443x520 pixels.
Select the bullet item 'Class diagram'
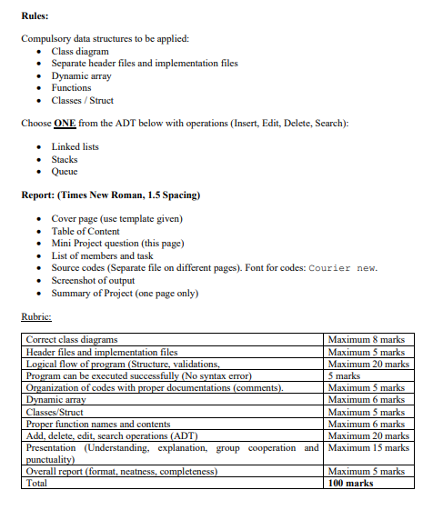tap(79, 51)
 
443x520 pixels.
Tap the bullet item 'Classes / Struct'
tap(82, 100)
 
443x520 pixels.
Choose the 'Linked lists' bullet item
tap(75, 146)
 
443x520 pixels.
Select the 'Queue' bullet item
tap(65, 171)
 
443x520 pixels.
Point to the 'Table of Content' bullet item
tap(87, 231)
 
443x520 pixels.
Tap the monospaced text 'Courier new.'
tap(343, 267)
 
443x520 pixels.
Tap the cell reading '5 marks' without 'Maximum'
tap(345, 375)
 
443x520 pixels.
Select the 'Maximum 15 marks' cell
tap(367, 447)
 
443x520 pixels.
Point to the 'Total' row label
tap(38, 483)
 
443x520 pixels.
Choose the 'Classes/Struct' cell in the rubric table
tap(57, 412)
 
